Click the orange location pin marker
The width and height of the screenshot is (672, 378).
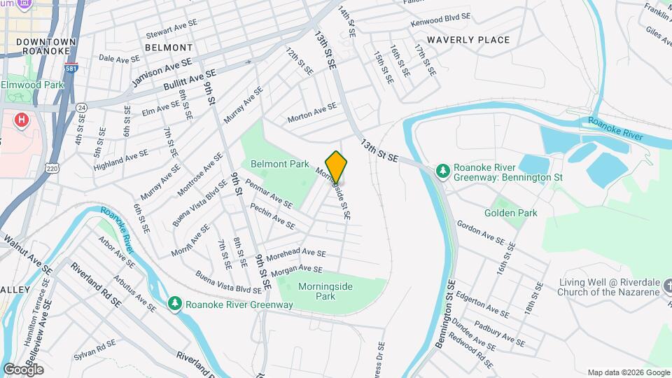[337, 167]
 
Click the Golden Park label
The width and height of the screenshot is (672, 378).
[511, 213]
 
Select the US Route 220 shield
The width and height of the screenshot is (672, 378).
[51, 167]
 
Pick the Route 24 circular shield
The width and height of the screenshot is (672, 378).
[82, 108]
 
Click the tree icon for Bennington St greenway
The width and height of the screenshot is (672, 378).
[442, 171]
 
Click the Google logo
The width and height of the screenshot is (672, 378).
[23, 369]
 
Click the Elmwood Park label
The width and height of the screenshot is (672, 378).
[32, 85]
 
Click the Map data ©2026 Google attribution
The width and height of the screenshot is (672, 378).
[629, 372]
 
